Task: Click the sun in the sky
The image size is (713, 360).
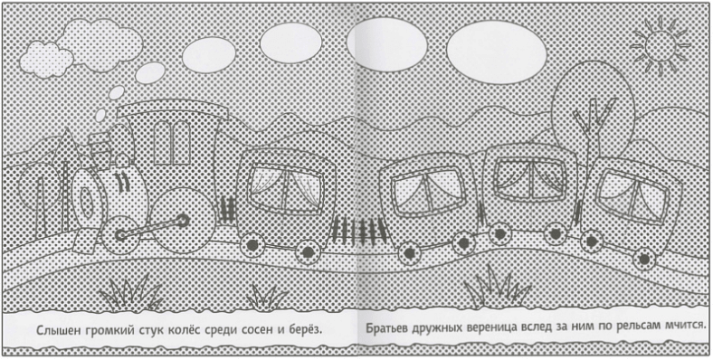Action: point(661,46)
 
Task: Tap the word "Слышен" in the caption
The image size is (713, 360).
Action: point(58,329)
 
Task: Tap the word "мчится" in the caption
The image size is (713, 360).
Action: point(684,327)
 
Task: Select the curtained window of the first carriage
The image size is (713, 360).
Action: point(286,188)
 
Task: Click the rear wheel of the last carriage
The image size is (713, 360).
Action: point(644,259)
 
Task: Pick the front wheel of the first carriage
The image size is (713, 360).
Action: point(251,244)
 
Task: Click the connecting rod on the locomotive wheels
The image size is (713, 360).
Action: point(151,228)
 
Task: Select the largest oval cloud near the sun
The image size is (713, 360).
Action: point(496,52)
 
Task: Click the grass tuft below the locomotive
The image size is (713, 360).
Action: point(131,293)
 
